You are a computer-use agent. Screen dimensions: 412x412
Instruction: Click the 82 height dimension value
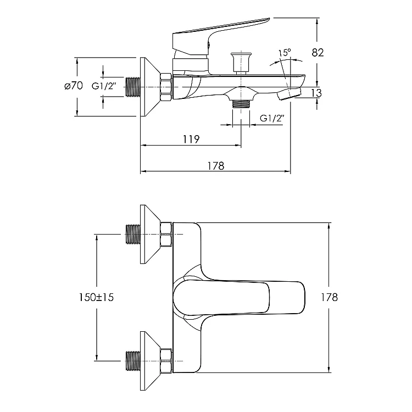[x=318, y=53]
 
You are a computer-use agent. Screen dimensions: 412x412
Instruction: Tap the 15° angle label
[x=284, y=53]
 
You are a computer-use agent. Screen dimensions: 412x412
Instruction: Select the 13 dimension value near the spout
[x=316, y=93]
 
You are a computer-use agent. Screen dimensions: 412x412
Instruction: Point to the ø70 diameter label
[x=73, y=86]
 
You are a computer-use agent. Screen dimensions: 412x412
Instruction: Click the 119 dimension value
[x=191, y=139]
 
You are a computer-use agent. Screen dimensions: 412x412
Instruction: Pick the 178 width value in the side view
[x=216, y=166]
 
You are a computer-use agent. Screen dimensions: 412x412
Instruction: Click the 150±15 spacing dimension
[x=96, y=297]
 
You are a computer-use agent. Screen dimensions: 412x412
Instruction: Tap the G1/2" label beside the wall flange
[x=104, y=86]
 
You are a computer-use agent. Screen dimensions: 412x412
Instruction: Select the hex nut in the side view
[x=165, y=87]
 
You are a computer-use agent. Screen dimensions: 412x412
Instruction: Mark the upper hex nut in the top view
[x=165, y=234]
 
